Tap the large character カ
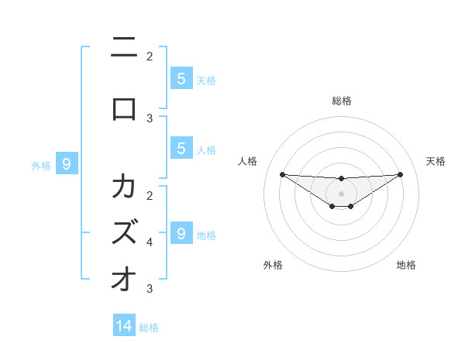tap(124, 187)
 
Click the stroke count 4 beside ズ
tap(150, 242)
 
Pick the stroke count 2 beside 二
tap(150, 56)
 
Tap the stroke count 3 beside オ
tap(150, 289)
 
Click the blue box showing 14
tap(124, 326)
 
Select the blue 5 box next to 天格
tap(181, 78)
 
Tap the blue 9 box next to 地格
tap(181, 233)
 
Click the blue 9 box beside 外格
tap(67, 163)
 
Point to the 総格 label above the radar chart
tap(342, 101)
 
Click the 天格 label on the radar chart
tap(436, 161)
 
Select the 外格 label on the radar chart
tap(273, 265)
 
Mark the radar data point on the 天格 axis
tap(401, 174)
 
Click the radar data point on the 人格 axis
tap(282, 174)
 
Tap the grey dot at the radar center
tap(341, 193)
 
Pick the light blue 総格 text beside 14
tap(149, 328)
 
